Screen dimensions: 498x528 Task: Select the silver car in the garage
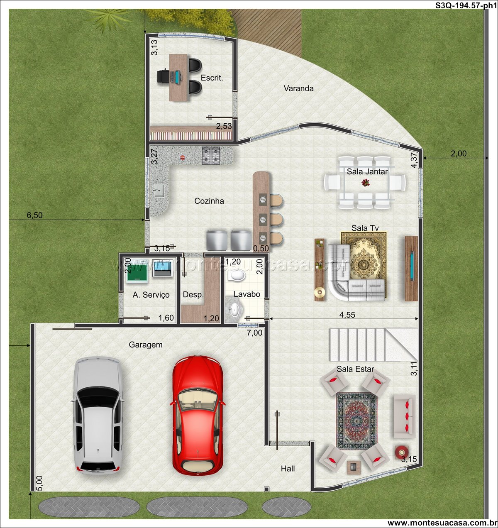pyautogui.click(x=98, y=416)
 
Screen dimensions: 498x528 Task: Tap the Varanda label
pyautogui.click(x=298, y=88)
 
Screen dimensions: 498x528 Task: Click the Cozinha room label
pyautogui.click(x=209, y=201)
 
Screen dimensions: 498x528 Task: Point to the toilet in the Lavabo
pyautogui.click(x=237, y=275)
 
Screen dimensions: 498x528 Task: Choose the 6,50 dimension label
pyautogui.click(x=34, y=215)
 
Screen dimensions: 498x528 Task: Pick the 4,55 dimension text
pyautogui.click(x=347, y=315)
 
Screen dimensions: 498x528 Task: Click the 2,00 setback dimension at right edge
pyautogui.click(x=459, y=154)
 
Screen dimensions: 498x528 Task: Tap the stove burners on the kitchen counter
pyautogui.click(x=211, y=154)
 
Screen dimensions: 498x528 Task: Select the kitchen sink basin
pyautogui.click(x=159, y=191)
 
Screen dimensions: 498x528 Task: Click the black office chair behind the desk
pyautogui.click(x=163, y=76)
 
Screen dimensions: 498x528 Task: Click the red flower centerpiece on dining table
pyautogui.click(x=365, y=182)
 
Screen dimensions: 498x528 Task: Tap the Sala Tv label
pyautogui.click(x=365, y=228)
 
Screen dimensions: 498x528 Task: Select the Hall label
pyautogui.click(x=288, y=469)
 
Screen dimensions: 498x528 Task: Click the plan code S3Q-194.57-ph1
pyautogui.click(x=466, y=5)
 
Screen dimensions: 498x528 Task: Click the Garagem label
pyautogui.click(x=145, y=345)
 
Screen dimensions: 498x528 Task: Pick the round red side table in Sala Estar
pyautogui.click(x=401, y=452)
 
